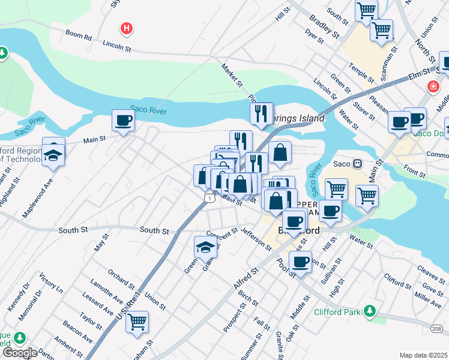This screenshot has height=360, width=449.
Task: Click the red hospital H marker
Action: click(x=126, y=28)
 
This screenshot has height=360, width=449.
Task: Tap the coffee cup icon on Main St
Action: click(x=123, y=121)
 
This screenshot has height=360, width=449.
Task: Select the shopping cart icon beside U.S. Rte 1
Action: click(x=137, y=322)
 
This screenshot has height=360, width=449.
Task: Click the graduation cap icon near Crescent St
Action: click(x=205, y=247)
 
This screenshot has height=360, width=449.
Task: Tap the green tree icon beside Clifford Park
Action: click(x=371, y=311)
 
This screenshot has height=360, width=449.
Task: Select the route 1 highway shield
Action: click(x=208, y=197)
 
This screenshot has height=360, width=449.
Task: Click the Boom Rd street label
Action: click(x=79, y=36)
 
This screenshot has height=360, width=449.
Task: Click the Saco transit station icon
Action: click(x=357, y=163)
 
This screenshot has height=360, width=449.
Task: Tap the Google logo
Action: click(x=20, y=353)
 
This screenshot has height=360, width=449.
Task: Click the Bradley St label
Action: click(x=321, y=25)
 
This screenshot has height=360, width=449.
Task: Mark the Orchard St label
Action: click(x=122, y=280)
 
